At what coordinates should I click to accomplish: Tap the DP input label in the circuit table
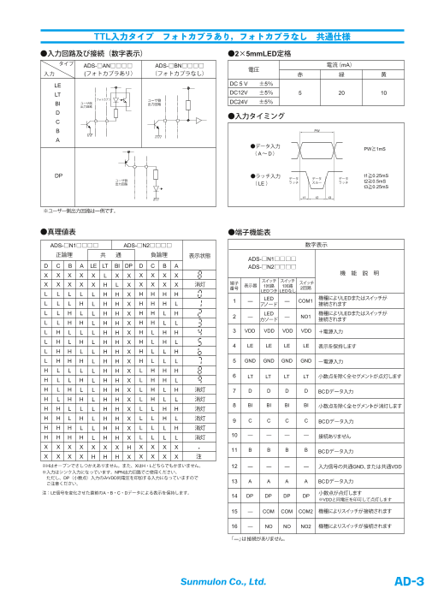(58, 175)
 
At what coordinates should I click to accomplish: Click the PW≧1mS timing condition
(375, 150)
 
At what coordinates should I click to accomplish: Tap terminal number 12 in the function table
(234, 466)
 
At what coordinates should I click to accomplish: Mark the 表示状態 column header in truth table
(199, 255)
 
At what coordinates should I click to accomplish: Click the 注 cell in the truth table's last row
(199, 458)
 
